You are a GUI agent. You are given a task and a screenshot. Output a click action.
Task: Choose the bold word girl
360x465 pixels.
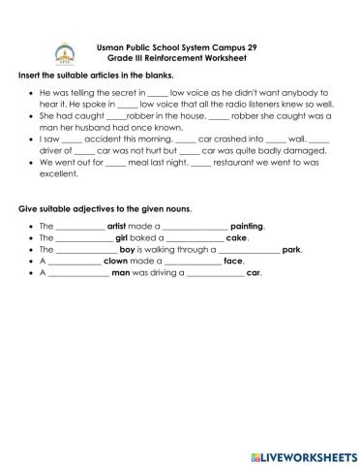[x=122, y=237]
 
